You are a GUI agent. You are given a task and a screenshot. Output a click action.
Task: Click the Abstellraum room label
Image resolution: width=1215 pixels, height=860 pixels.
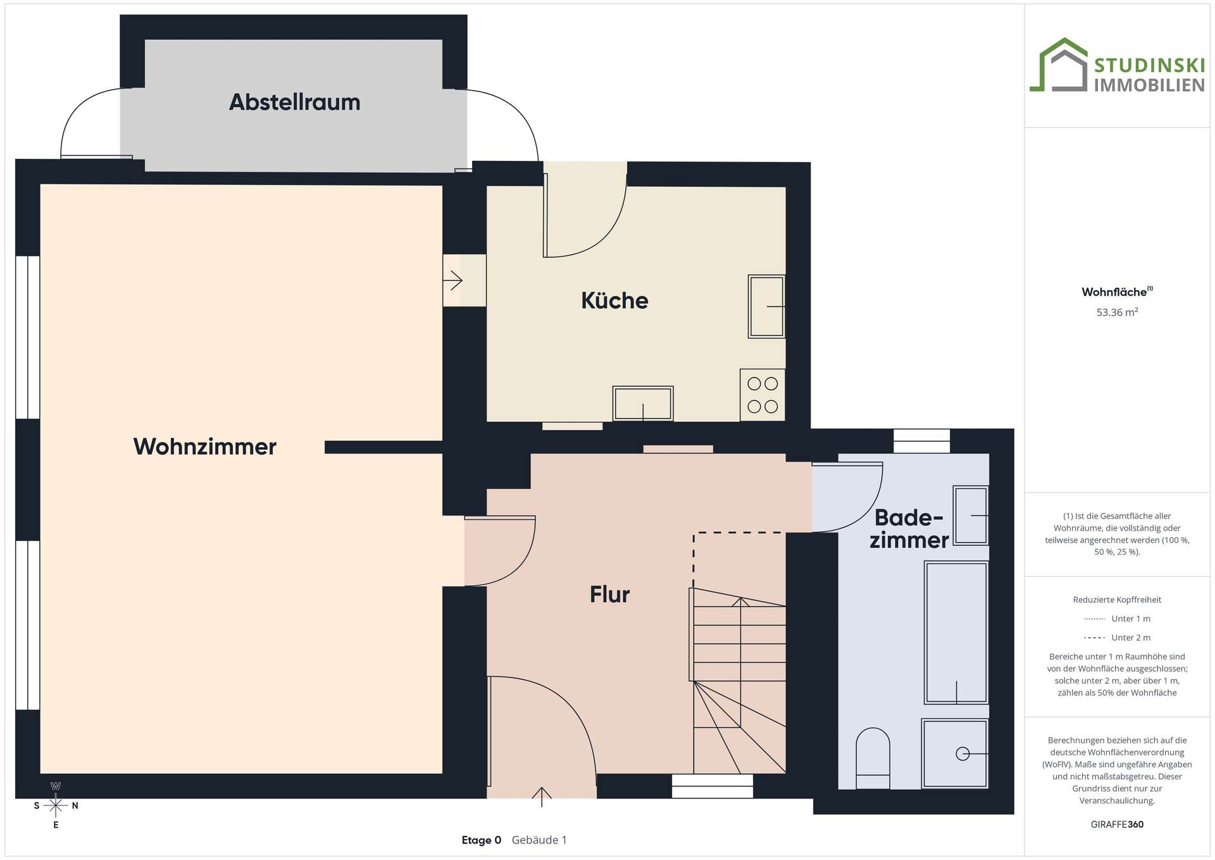(x=294, y=102)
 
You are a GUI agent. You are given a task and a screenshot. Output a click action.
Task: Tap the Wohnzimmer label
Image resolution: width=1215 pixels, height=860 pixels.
(x=204, y=446)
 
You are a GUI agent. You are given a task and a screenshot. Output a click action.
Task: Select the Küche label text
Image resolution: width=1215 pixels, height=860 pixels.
(x=614, y=300)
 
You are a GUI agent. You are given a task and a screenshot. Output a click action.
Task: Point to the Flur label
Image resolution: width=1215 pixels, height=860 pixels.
(x=609, y=594)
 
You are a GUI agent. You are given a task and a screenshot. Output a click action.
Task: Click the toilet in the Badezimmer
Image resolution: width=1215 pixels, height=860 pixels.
(x=873, y=758)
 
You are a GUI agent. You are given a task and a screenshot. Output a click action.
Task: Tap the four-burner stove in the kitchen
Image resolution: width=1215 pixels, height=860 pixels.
(x=763, y=395)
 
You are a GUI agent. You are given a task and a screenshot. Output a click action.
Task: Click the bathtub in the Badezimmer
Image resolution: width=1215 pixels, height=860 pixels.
(x=956, y=633)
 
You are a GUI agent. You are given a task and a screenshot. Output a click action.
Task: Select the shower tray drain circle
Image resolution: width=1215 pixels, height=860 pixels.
(x=963, y=754)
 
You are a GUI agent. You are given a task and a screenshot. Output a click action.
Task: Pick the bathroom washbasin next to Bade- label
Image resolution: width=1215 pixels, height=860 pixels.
(x=971, y=515)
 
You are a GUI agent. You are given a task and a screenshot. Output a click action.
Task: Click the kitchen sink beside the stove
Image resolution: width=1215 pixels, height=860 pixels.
(x=643, y=403)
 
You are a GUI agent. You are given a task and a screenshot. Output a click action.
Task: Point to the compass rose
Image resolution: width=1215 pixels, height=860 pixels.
(x=56, y=806)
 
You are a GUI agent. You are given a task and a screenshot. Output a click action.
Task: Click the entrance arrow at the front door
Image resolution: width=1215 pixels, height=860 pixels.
(x=542, y=797)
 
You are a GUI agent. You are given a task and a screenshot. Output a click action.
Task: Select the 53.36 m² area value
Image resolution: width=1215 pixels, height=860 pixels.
(x=1117, y=312)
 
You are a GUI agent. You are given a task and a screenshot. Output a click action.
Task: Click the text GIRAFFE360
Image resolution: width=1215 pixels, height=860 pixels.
(x=1117, y=825)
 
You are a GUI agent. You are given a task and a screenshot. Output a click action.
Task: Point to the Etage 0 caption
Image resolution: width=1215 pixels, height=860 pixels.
(x=481, y=840)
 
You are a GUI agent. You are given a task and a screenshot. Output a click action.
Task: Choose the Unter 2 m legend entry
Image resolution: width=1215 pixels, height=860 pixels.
(x=1117, y=638)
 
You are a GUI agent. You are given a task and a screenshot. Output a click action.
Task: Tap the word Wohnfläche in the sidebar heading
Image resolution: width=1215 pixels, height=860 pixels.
(x=1114, y=292)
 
